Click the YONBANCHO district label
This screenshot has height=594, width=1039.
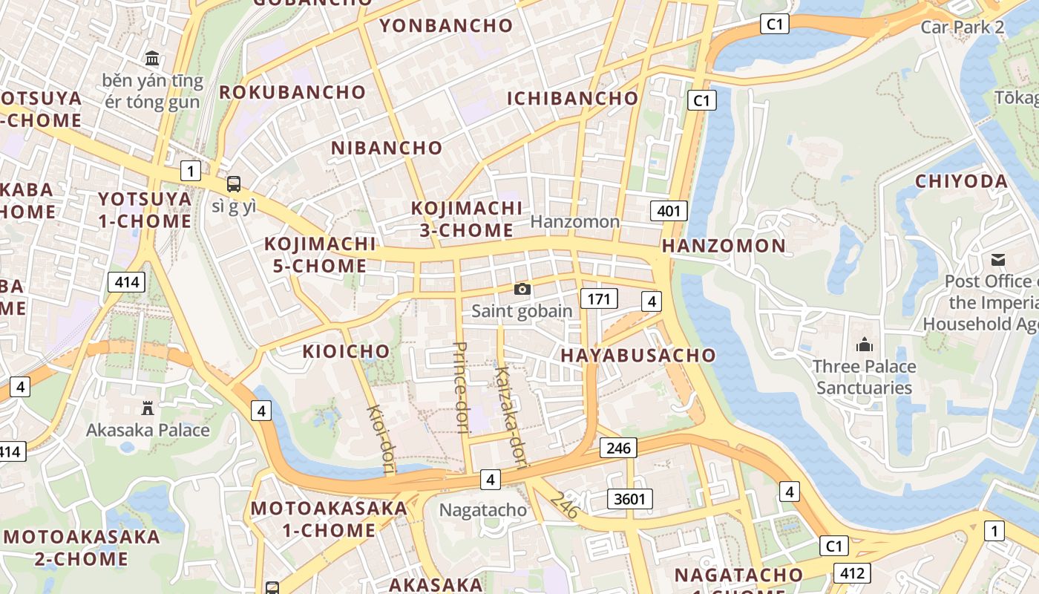pyautogui.click(x=446, y=26)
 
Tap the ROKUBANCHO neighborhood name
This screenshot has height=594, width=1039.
pyautogui.click(x=292, y=93)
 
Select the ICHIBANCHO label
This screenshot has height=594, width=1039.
pyautogui.click(x=572, y=99)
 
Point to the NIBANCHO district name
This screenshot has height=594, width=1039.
pyautogui.click(x=387, y=148)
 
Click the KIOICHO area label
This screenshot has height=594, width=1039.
pyautogui.click(x=346, y=352)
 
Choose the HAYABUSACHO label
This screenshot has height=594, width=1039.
pyautogui.click(x=638, y=356)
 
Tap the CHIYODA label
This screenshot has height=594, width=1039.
pyautogui.click(x=961, y=182)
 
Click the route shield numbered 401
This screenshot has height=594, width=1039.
pyautogui.click(x=668, y=211)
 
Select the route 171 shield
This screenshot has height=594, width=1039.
pyautogui.click(x=599, y=299)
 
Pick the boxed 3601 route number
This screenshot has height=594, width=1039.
pyautogui.click(x=630, y=499)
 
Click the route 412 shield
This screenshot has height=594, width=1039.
pyautogui.click(x=852, y=572)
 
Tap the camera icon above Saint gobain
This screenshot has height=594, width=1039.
pyautogui.click(x=522, y=290)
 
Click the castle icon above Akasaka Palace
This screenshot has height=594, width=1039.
pyautogui.click(x=148, y=408)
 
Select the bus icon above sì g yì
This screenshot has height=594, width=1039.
pyautogui.click(x=234, y=183)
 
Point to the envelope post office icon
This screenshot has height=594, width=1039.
pyautogui.click(x=997, y=260)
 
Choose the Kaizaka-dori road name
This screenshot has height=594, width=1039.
pyautogui.click(x=509, y=417)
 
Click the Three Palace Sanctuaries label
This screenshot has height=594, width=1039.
pyautogui.click(x=864, y=377)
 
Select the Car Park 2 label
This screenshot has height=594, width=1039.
pyautogui.click(x=962, y=27)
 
